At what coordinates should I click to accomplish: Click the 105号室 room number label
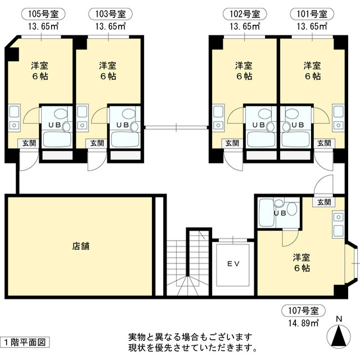(x=43, y=14)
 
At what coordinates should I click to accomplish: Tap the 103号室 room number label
(x=110, y=14)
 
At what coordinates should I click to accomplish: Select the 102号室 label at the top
(x=245, y=14)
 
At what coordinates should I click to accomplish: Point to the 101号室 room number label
(x=312, y=14)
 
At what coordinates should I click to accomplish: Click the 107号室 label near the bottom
(x=303, y=311)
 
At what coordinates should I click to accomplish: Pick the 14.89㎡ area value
(x=304, y=323)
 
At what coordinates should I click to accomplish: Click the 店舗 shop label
(x=80, y=246)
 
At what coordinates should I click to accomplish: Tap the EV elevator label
(x=233, y=264)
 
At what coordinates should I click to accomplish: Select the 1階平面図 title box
(x=25, y=343)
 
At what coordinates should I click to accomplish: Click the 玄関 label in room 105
(x=29, y=143)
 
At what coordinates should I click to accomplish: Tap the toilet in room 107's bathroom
(x=292, y=209)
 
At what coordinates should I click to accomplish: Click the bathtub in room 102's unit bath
(x=261, y=139)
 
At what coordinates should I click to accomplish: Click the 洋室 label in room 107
(x=301, y=258)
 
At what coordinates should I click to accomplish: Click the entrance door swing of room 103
(x=97, y=160)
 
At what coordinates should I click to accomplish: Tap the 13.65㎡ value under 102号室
(x=245, y=26)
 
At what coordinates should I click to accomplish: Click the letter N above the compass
(x=339, y=319)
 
